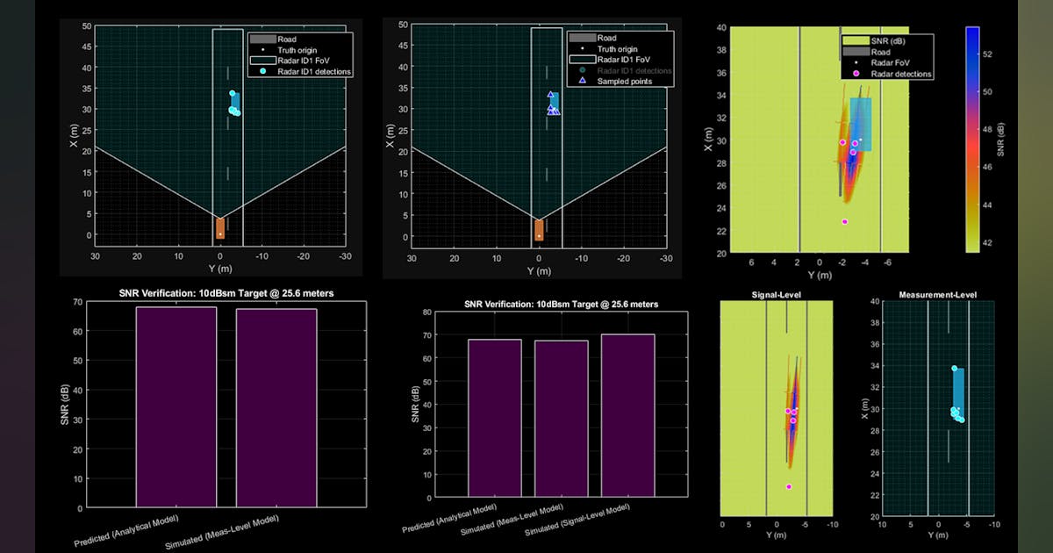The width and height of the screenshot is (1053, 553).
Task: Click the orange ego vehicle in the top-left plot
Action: [219, 228]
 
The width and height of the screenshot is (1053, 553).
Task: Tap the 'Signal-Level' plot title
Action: [775, 296]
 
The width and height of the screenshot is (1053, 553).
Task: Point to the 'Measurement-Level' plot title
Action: [938, 295]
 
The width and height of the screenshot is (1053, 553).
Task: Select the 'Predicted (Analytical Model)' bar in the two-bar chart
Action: [176, 406]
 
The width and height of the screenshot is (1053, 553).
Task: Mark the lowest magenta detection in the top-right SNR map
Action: [844, 222]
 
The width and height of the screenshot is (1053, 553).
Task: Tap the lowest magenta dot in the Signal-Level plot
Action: [788, 486]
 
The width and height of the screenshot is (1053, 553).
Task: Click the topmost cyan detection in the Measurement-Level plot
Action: [954, 369]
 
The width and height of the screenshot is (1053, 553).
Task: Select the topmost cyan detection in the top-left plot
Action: [233, 93]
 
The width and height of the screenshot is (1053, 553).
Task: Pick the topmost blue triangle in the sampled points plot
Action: [550, 95]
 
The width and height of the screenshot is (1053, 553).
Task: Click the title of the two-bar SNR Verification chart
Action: [226, 293]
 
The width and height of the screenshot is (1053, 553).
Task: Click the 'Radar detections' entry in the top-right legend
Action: [901, 75]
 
